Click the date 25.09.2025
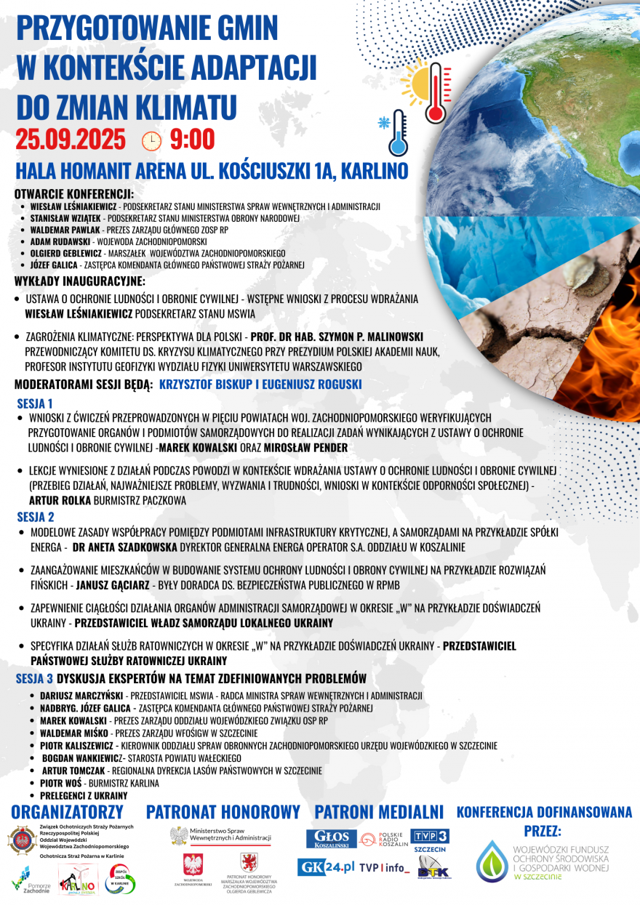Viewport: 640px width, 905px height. click(x=71, y=139)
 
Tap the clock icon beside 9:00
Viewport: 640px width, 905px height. click(x=151, y=140)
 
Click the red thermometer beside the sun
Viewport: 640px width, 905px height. click(x=436, y=92)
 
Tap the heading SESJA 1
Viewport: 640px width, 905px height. click(x=35, y=403)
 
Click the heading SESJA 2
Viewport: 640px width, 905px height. click(x=36, y=518)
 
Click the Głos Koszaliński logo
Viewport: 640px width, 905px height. click(x=331, y=839)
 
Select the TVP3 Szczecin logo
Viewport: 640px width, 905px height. click(x=430, y=840)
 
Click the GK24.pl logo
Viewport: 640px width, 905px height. click(x=326, y=866)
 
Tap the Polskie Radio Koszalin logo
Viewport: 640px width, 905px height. click(x=383, y=839)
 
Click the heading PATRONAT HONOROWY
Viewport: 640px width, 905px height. click(x=223, y=812)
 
